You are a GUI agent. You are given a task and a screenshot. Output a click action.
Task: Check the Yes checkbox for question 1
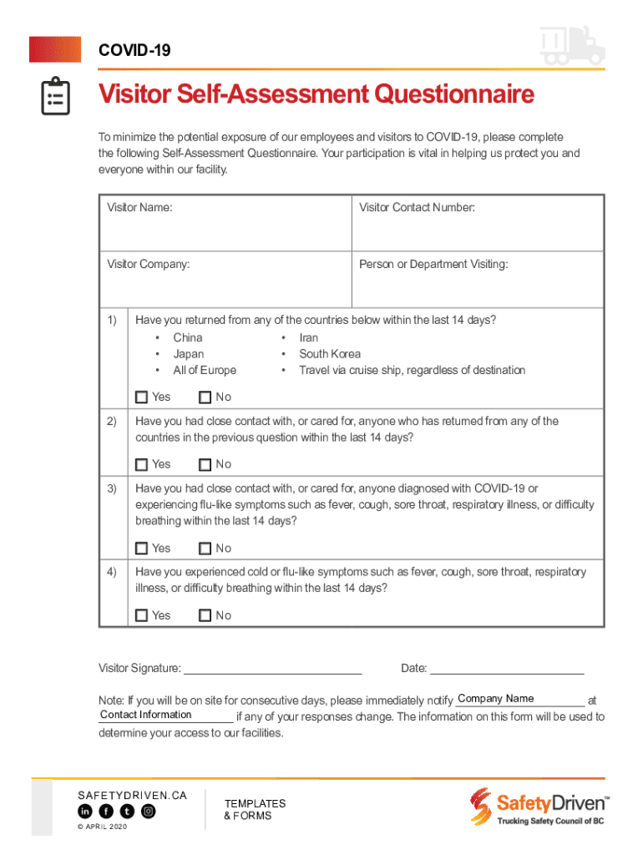pyautogui.click(x=141, y=397)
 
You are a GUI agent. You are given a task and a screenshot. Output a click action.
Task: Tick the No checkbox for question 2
pyautogui.click(x=205, y=465)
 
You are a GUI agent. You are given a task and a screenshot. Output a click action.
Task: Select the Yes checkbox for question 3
pyautogui.click(x=141, y=549)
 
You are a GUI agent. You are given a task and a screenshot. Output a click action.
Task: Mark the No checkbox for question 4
pyautogui.click(x=205, y=616)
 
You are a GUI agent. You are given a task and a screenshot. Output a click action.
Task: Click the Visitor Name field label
pyautogui.click(x=139, y=208)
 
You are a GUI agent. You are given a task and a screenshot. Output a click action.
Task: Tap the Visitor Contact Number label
pyautogui.click(x=417, y=208)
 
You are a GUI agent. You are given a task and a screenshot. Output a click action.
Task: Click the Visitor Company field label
pyautogui.click(x=148, y=265)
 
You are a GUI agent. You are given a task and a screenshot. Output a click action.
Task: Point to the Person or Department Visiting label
pyautogui.click(x=433, y=265)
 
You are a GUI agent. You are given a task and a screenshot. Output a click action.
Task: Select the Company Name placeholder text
pyautogui.click(x=495, y=699)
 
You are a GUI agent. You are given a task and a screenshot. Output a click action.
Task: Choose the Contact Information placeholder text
pyautogui.click(x=145, y=715)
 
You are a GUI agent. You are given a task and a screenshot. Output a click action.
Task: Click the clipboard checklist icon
pyautogui.click(x=55, y=97)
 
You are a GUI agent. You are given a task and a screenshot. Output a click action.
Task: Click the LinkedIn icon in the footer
pyautogui.click(x=85, y=812)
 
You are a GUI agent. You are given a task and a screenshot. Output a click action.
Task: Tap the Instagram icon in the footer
pyautogui.click(x=148, y=812)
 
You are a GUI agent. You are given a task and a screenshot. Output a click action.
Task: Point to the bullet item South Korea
pyautogui.click(x=330, y=354)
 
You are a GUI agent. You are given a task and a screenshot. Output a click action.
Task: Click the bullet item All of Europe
pyautogui.click(x=205, y=371)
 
